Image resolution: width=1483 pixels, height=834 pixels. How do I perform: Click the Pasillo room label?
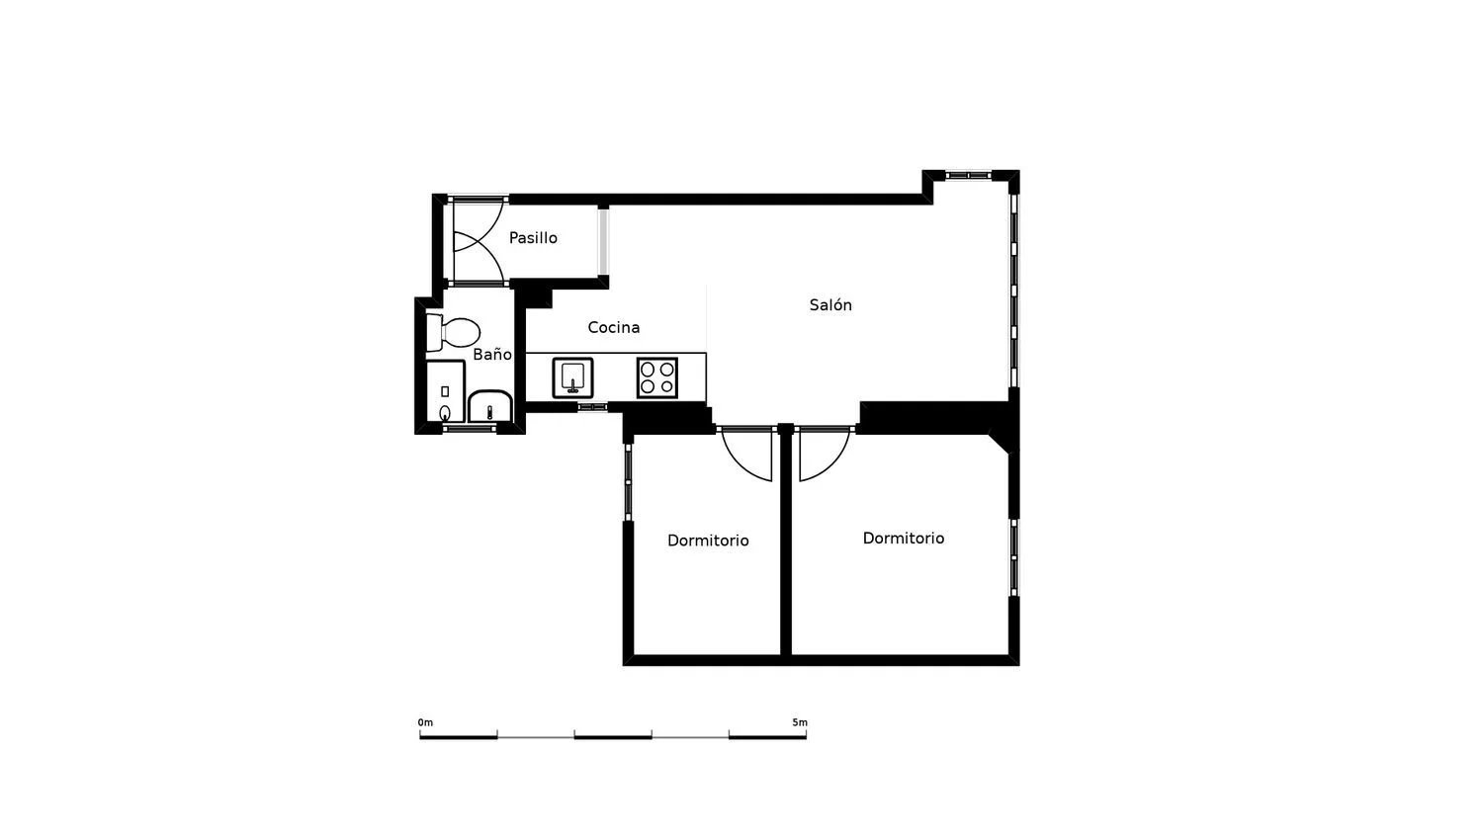pyautogui.click(x=533, y=237)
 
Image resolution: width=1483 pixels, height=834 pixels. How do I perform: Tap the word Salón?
pyautogui.click(x=830, y=304)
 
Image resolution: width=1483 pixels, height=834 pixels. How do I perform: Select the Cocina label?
pyautogui.click(x=614, y=327)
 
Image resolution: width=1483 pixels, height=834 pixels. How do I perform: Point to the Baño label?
pyautogui.click(x=492, y=354)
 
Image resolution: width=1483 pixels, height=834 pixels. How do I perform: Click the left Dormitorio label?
pyautogui.click(x=708, y=541)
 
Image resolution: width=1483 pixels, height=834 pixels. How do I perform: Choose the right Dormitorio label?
pyautogui.click(x=903, y=539)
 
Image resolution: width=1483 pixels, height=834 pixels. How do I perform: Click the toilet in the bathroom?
pyautogui.click(x=453, y=332)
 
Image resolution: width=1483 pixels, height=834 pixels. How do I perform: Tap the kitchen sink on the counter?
pyautogui.click(x=572, y=377)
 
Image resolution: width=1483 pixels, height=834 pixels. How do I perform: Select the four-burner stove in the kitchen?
pyautogui.click(x=657, y=377)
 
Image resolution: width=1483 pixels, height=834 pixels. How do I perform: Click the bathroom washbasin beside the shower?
pyautogui.click(x=490, y=406)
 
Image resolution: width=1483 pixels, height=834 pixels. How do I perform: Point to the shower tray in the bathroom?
pyautogui.click(x=446, y=391)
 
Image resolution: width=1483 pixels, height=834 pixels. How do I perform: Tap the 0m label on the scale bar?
pyautogui.click(x=425, y=722)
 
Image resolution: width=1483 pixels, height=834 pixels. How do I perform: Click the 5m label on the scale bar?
pyautogui.click(x=800, y=722)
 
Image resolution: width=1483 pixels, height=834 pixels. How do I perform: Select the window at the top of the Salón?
pyautogui.click(x=968, y=176)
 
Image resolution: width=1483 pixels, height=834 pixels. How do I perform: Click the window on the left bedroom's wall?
pyautogui.click(x=628, y=482)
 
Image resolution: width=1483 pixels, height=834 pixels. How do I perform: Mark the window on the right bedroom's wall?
pyautogui.click(x=1013, y=557)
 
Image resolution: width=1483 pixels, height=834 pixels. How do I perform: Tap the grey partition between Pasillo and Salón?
pyautogui.click(x=603, y=240)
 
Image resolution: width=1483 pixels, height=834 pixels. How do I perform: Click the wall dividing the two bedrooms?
pyautogui.click(x=786, y=542)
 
